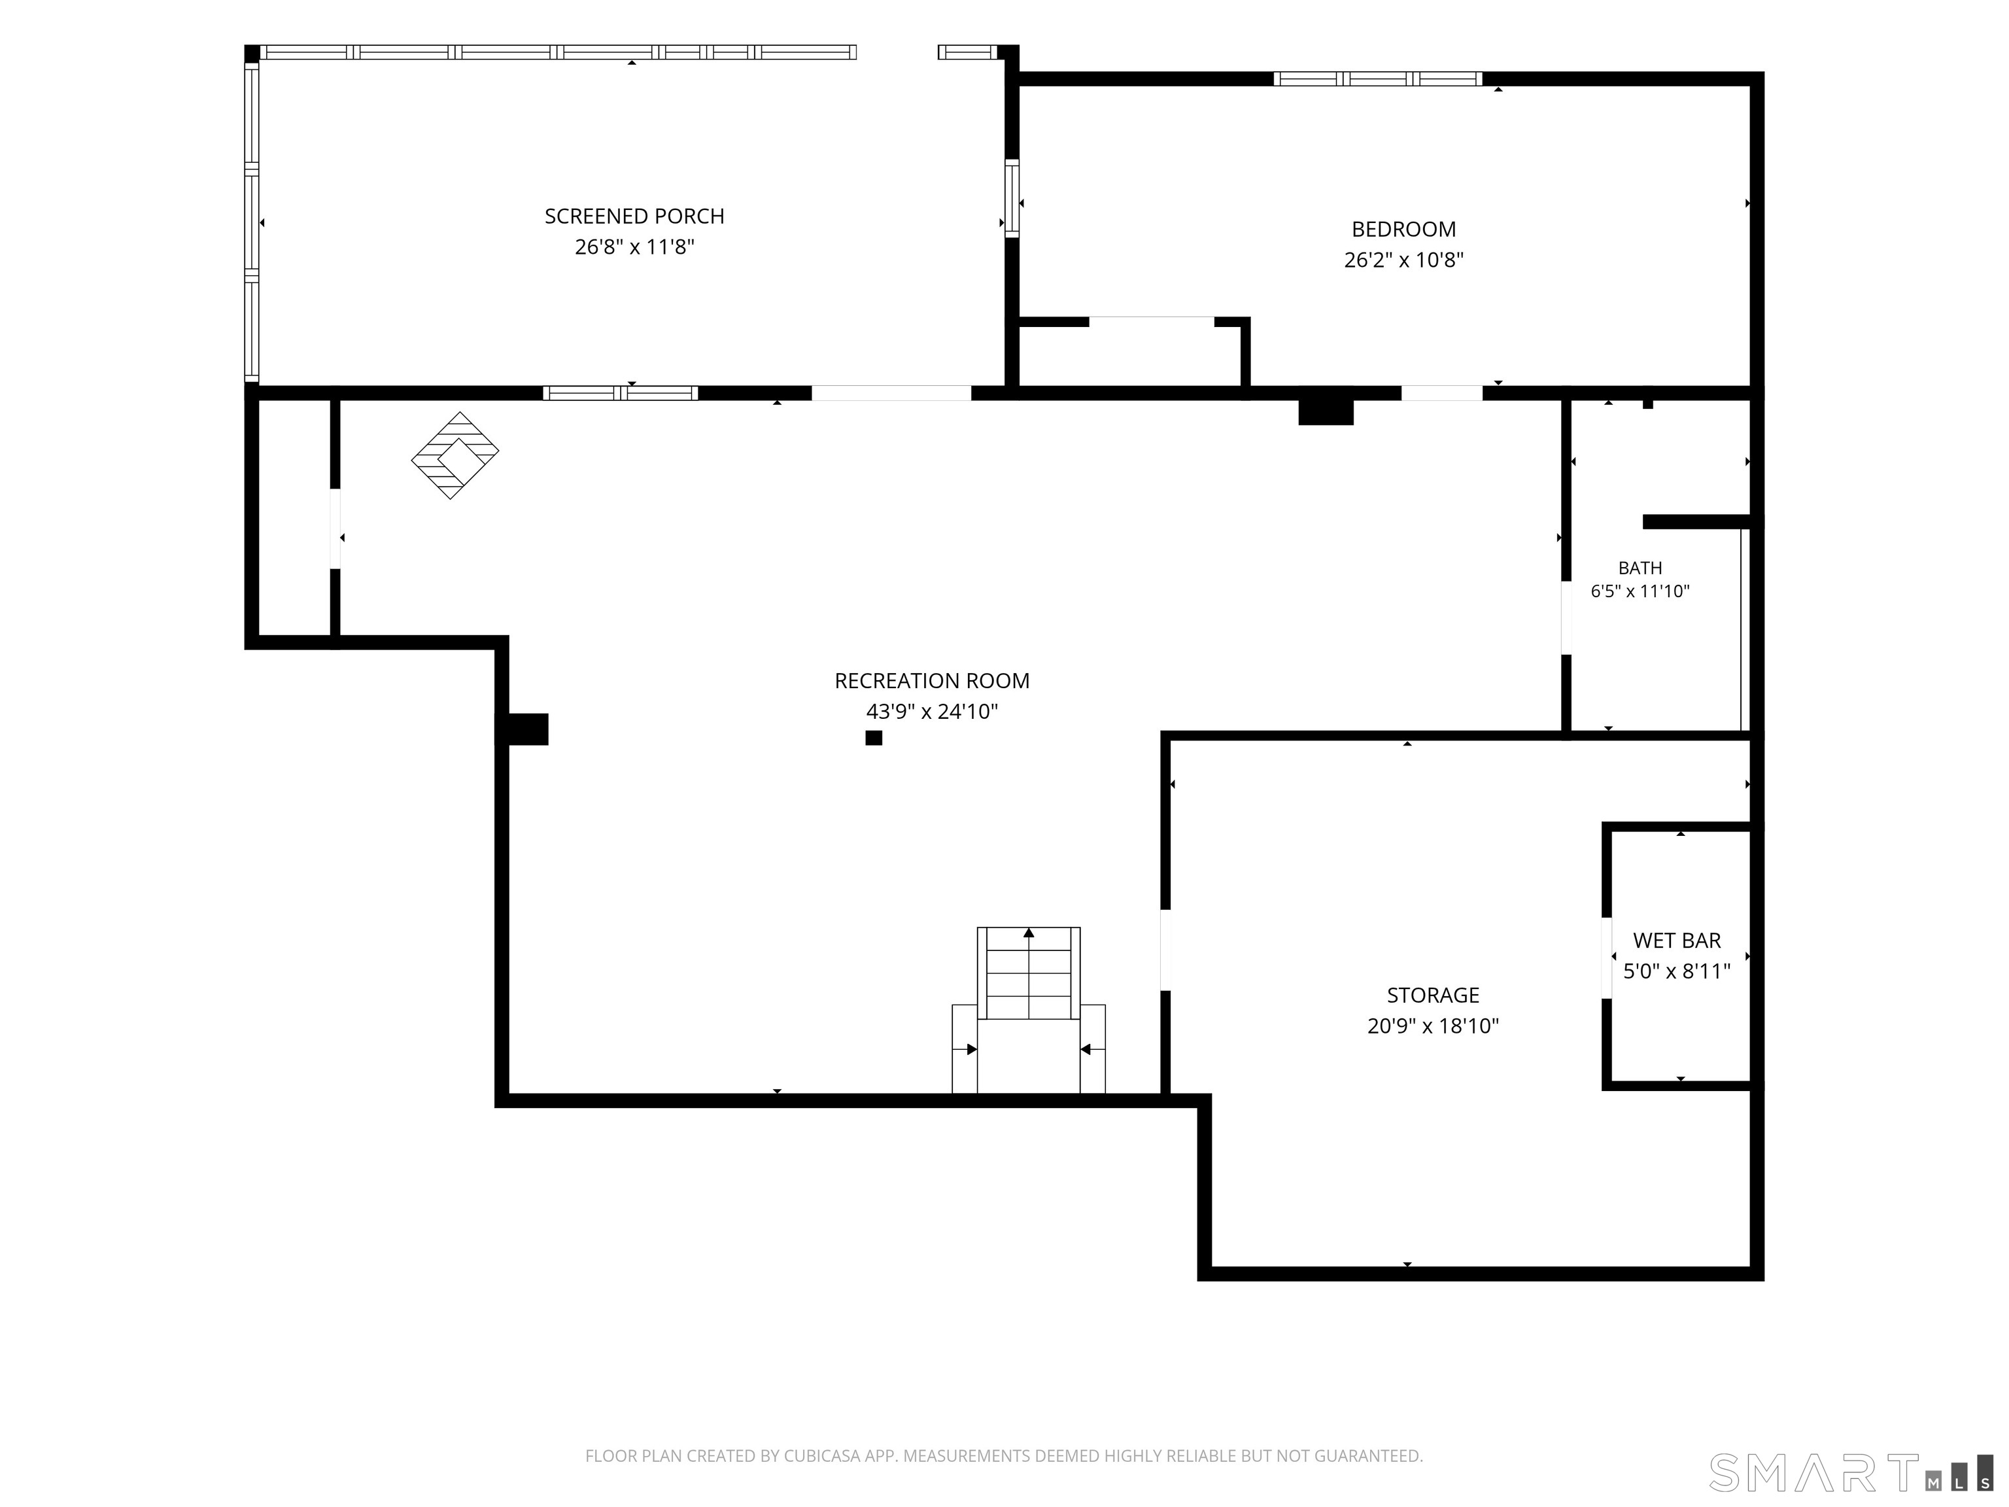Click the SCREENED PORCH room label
click(634, 217)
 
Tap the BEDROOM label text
click(1403, 229)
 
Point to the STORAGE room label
click(1432, 995)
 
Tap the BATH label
click(1640, 568)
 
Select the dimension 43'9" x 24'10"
click(932, 711)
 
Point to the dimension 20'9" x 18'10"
click(1432, 1026)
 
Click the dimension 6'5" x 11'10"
click(1640, 591)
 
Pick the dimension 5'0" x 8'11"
click(1677, 971)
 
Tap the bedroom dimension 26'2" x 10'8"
click(1403, 260)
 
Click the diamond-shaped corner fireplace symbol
click(455, 455)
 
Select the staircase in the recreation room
click(1028, 1010)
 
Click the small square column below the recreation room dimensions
click(874, 738)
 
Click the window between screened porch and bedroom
click(1012, 198)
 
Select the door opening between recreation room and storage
click(1165, 950)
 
